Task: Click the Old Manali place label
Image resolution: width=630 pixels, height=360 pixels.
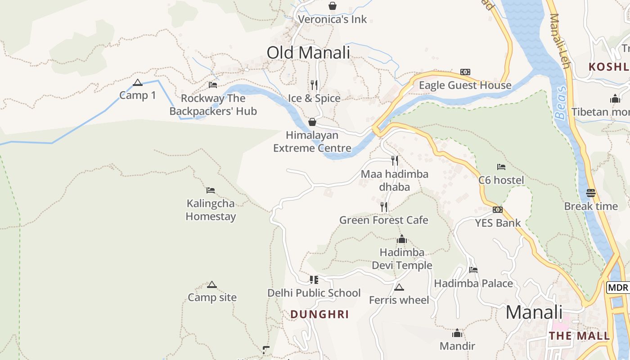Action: tap(308, 53)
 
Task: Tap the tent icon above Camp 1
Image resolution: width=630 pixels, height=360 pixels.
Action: tap(138, 83)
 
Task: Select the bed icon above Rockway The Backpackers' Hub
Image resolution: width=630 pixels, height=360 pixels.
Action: tap(213, 85)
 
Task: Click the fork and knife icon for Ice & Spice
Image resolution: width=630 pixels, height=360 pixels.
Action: tap(314, 85)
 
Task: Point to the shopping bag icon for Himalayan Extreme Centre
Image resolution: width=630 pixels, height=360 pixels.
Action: tap(312, 122)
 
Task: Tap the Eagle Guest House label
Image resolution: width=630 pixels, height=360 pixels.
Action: tap(465, 85)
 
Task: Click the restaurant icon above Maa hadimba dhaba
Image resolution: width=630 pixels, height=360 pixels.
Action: tap(395, 161)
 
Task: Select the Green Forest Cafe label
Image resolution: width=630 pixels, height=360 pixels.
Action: tap(383, 220)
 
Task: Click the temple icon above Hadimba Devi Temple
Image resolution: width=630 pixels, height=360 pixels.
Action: tap(402, 239)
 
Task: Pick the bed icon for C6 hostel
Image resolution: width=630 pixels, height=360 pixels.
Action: tap(501, 167)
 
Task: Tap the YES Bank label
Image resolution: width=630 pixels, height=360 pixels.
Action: tap(498, 223)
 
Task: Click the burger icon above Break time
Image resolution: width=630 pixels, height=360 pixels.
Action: tap(591, 193)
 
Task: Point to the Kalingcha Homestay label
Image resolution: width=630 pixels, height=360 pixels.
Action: tap(211, 210)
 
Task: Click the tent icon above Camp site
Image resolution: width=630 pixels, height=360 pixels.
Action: tap(212, 285)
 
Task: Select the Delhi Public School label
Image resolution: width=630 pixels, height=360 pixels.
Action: tap(314, 293)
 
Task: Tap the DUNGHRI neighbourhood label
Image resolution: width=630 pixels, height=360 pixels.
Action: tap(319, 315)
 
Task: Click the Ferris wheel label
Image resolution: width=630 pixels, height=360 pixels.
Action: tap(399, 300)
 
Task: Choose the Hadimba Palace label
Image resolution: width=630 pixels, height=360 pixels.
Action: tap(473, 283)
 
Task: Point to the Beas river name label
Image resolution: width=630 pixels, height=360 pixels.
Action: tap(561, 104)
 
